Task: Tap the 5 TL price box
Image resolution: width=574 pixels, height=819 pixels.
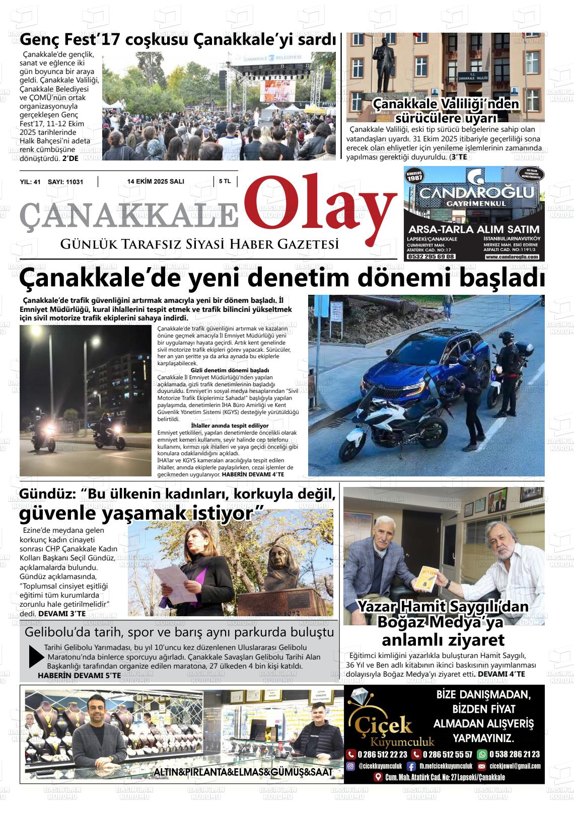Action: [x=225, y=181]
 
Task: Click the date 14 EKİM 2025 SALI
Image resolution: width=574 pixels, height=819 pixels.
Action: [x=156, y=182]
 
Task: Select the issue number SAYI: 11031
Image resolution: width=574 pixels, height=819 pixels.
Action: [x=65, y=182]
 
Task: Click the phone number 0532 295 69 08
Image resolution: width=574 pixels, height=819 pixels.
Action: [x=431, y=257]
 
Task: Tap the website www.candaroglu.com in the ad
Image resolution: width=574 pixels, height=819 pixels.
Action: [x=512, y=257]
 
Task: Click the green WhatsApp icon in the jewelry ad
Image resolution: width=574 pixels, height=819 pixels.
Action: [x=482, y=754]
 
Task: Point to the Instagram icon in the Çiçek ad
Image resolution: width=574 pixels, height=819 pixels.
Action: [x=351, y=766]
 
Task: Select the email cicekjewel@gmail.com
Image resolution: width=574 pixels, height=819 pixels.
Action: [x=515, y=766]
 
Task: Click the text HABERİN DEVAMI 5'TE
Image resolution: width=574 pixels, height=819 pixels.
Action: [x=79, y=676]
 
